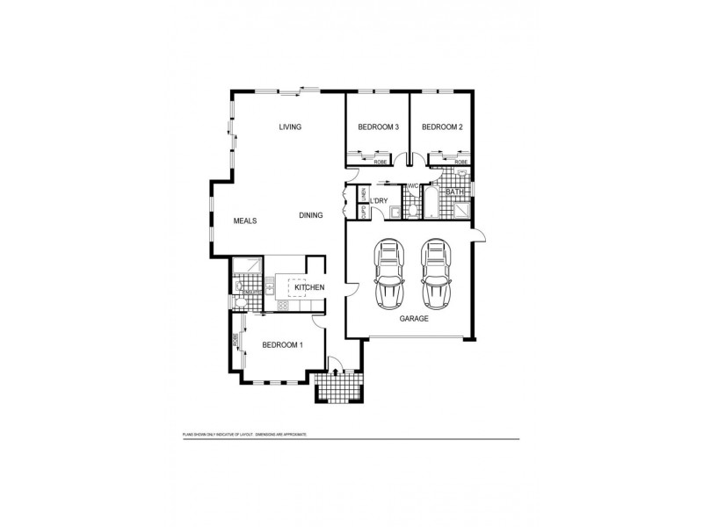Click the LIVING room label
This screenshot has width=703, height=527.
point(290,127)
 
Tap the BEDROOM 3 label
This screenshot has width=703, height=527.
point(378,127)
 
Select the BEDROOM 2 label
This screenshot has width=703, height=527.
point(442,127)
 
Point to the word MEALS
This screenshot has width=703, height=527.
point(245,221)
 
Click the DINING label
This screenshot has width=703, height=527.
point(311,215)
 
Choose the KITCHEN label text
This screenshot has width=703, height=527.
point(309,287)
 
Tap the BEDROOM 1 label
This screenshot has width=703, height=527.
point(282,344)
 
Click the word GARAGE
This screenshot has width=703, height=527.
point(415,319)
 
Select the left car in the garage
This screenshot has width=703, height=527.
point(389,273)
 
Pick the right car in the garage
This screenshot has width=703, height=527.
point(436,273)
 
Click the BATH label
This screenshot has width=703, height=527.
point(454,191)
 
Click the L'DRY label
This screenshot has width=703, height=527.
point(380,202)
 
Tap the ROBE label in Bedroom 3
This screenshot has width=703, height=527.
point(380,162)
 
